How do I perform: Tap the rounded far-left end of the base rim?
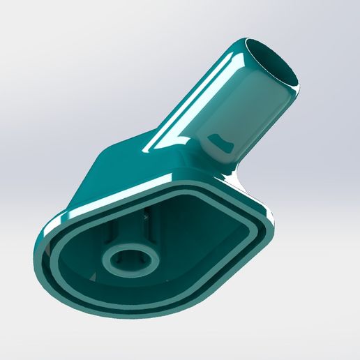[44, 244]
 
